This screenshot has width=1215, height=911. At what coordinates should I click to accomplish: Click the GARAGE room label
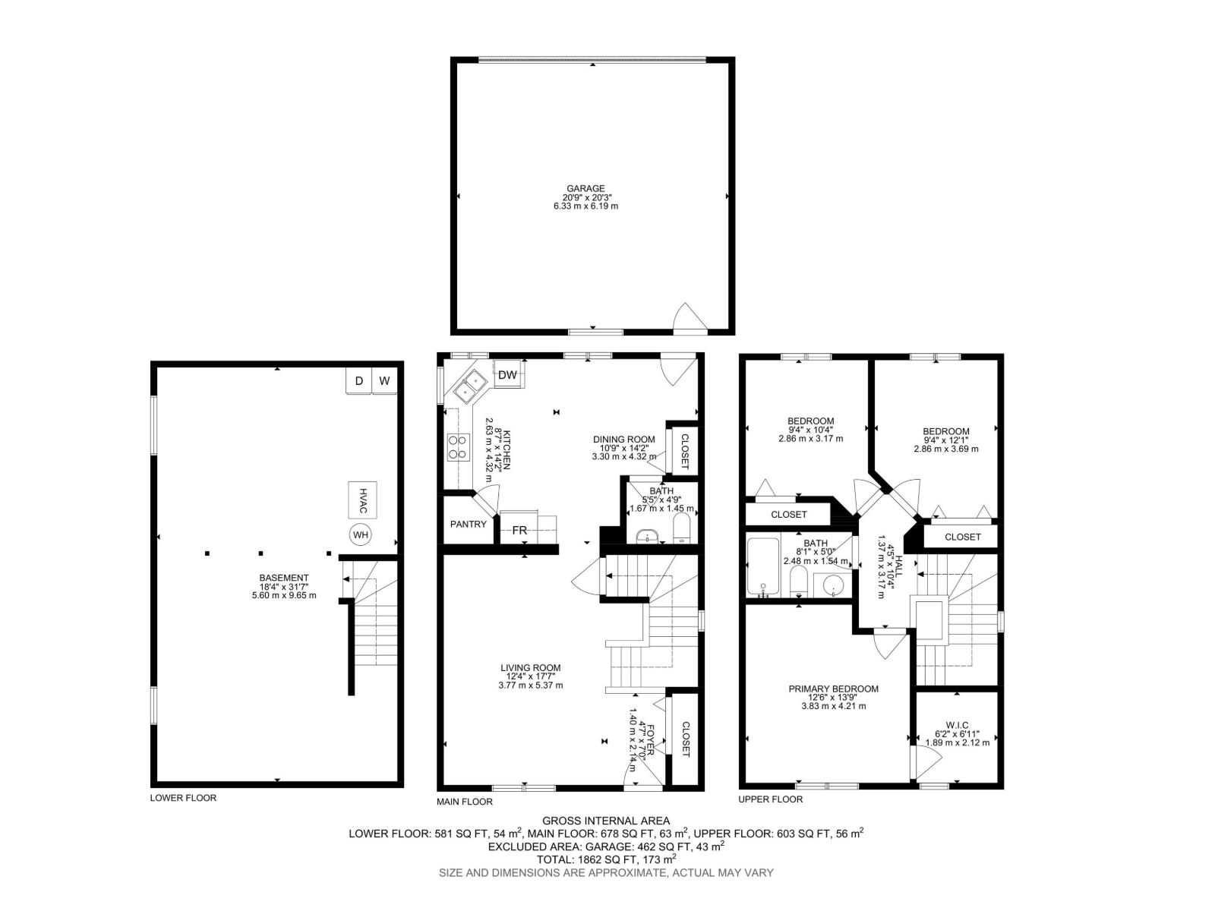tap(585, 189)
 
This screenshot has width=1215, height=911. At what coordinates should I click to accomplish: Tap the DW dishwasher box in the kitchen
tap(508, 375)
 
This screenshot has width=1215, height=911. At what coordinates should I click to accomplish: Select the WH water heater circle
tap(361, 534)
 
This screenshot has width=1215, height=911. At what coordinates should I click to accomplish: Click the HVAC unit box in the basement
tap(363, 497)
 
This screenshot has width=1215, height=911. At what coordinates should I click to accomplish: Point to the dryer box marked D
tap(359, 381)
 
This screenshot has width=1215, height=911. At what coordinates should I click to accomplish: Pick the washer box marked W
tap(385, 381)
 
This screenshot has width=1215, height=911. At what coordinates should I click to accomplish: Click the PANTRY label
tap(468, 524)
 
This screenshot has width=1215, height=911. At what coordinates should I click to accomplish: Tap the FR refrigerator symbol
tap(519, 530)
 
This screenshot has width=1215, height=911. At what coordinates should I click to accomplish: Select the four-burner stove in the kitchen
tap(458, 447)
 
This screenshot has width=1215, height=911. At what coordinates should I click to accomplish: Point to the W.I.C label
tap(957, 724)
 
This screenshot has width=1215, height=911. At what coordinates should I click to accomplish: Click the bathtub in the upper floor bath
tap(761, 568)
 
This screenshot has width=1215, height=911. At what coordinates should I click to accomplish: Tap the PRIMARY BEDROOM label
tap(833, 689)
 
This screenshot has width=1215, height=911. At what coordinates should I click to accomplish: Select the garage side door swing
tap(688, 319)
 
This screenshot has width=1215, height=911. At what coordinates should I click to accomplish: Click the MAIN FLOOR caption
tap(464, 802)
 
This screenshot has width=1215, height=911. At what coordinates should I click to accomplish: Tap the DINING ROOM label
tap(623, 439)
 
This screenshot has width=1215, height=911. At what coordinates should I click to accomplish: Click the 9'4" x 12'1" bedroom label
tap(945, 431)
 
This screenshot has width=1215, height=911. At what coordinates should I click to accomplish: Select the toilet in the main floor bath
tap(681, 528)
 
